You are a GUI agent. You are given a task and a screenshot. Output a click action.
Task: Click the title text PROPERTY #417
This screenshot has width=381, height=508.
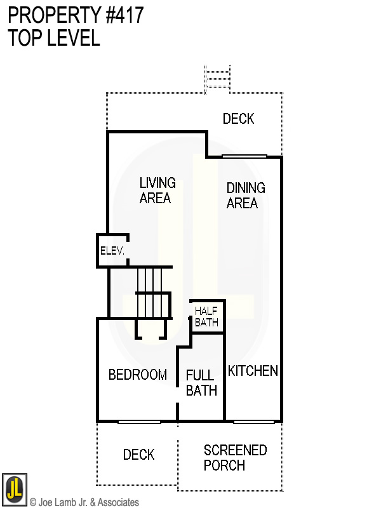pyautogui.click(x=76, y=15)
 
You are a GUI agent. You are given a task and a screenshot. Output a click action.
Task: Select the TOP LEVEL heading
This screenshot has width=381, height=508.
pyautogui.click(x=54, y=38)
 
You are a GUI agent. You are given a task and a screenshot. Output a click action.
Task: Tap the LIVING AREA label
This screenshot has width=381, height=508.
pyautogui.click(x=157, y=190)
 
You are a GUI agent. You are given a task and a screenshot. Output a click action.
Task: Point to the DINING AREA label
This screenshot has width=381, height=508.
pyautogui.click(x=245, y=195)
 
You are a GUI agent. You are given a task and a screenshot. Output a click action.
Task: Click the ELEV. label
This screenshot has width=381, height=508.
pyautogui.click(x=112, y=251)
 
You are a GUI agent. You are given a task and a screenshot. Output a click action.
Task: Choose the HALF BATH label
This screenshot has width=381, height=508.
pyautogui.click(x=206, y=316)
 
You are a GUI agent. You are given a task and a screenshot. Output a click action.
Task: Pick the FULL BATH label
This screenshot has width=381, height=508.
pyautogui.click(x=201, y=383)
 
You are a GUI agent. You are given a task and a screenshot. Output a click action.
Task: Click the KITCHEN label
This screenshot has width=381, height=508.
pyautogui.click(x=253, y=371)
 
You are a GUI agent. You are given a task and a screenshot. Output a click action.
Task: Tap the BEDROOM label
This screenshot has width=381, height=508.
pyautogui.click(x=137, y=375)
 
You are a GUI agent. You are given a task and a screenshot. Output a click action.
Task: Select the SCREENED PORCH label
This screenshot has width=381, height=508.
pyautogui.click(x=235, y=457)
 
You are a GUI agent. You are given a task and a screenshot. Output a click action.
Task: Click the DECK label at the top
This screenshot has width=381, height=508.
pyautogui.click(x=238, y=119)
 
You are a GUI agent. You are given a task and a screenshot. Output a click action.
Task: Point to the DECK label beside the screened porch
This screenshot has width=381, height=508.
pyautogui.click(x=138, y=455)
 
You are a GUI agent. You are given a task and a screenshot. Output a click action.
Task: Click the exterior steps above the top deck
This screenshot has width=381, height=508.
pyautogui.click(x=217, y=79)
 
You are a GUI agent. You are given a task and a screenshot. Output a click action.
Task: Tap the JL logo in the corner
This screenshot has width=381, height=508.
pyautogui.click(x=14, y=488)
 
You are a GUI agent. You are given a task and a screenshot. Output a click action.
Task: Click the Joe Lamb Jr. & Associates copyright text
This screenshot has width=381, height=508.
pyautogui.click(x=84, y=502)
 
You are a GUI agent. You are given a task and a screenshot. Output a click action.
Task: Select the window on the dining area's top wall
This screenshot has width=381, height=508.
pyautogui.click(x=244, y=156)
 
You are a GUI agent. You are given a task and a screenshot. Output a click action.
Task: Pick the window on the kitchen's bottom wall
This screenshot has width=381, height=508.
pyautogui.click(x=253, y=422)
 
